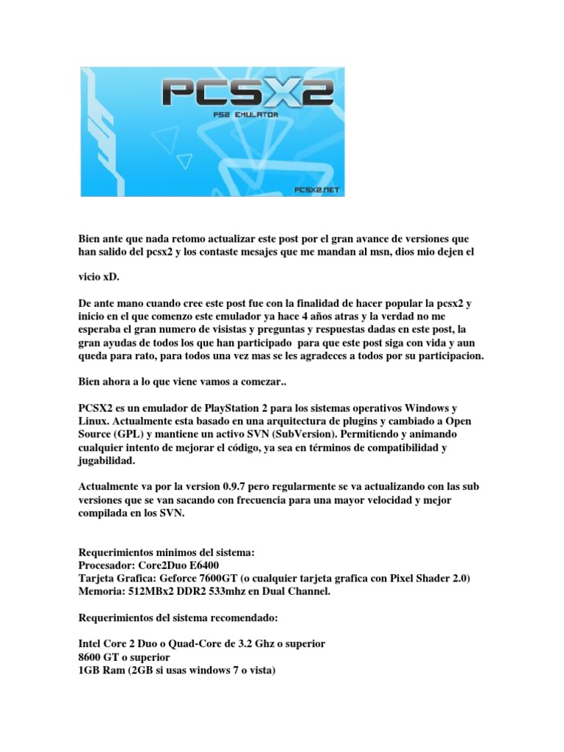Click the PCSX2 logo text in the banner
[x=247, y=95]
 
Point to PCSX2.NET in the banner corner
[x=318, y=189]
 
